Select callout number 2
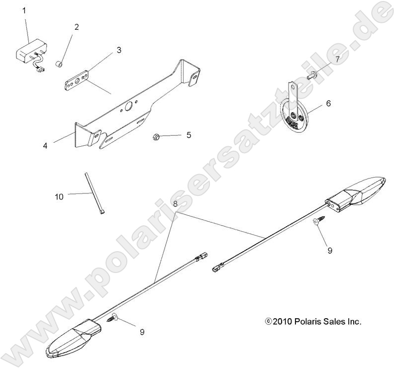[x=77, y=27]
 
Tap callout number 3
[x=119, y=50]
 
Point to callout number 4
[x=45, y=146]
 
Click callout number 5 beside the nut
[x=189, y=134]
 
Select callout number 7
[x=337, y=59]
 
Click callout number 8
[x=175, y=203]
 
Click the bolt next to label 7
[x=313, y=75]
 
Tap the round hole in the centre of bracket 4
[x=128, y=107]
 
